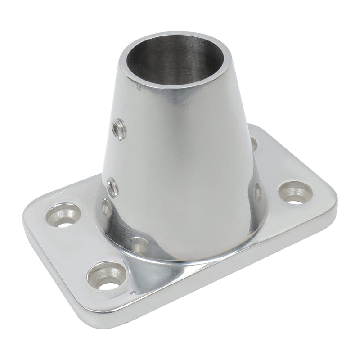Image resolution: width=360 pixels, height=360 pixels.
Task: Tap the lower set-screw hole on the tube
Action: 112,187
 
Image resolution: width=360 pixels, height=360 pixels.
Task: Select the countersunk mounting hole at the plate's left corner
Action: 63,215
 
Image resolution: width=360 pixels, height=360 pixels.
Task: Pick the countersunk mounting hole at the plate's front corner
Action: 107,275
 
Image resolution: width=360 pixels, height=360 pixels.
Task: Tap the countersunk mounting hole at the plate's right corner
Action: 295,193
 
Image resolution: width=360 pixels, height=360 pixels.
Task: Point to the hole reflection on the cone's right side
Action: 258,192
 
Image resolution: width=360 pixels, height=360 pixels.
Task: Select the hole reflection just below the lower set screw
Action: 107,207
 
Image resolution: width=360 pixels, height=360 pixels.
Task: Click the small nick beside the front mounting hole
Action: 131,293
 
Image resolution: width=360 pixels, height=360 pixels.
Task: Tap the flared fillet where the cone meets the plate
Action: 189,252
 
